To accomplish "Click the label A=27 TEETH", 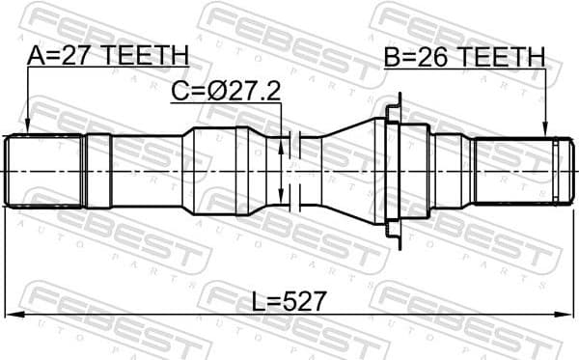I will pyautogui.click(x=107, y=57).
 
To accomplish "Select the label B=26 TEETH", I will pyautogui.click(x=463, y=57).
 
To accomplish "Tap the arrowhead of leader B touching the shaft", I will pyautogui.click(x=545, y=131).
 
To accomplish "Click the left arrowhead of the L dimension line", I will pyautogui.click(x=12, y=315).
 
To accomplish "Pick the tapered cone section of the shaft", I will pyautogui.click(x=347, y=171).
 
